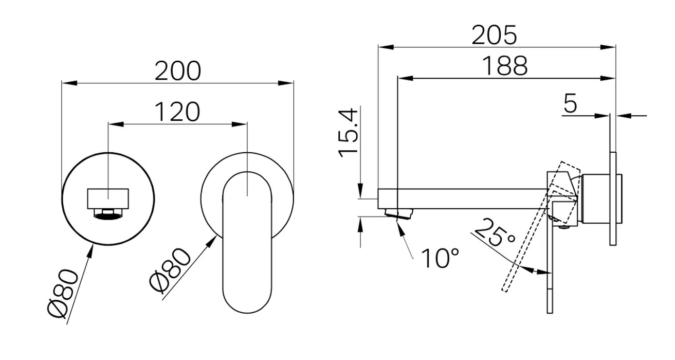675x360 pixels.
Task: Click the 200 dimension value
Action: [177, 71]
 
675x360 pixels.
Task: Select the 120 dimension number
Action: [177, 112]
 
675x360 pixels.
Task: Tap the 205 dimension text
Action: [494, 35]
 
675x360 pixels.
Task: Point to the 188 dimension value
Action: [505, 65]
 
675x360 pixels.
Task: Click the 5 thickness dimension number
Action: [570, 103]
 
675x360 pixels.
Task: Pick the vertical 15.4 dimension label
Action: [349, 133]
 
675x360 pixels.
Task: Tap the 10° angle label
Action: [440, 258]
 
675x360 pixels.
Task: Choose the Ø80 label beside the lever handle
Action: [170, 271]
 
